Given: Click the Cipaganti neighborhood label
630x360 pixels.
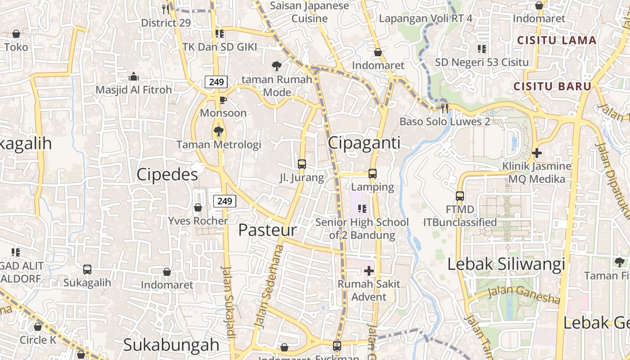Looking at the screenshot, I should tap(364, 143).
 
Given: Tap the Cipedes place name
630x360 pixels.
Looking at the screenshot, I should tap(167, 175).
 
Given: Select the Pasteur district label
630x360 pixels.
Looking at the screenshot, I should tap(267, 230).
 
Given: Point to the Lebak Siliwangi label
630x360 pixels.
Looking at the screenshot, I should tap(506, 264).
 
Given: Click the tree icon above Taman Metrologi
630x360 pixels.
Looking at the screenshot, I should tap(219, 131).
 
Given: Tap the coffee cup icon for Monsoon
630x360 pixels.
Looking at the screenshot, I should tap(223, 100).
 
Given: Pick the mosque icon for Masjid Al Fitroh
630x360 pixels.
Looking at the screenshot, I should tap(133, 77).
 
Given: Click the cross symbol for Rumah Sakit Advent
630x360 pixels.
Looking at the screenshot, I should tap(369, 270).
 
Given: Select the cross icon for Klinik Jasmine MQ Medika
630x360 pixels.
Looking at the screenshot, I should tap(536, 153).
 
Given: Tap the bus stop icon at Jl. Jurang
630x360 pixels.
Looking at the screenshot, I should tap(302, 164).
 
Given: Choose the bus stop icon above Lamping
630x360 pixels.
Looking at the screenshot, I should tap(373, 173).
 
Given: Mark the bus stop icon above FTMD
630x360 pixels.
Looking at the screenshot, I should tap(460, 196).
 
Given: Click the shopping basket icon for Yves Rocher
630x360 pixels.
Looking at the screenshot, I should tap(198, 207).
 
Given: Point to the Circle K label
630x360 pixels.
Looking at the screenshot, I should tap(38, 339).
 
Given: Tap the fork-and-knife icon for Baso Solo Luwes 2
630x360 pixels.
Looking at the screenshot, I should tap(445, 108).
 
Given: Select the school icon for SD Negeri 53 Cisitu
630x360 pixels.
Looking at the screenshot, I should tap(482, 49).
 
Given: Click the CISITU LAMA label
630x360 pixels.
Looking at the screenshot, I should tap(557, 40).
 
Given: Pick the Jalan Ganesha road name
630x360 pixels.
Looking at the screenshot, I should tap(524, 295).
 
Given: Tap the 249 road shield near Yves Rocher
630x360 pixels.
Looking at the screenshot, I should tap(225, 201).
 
